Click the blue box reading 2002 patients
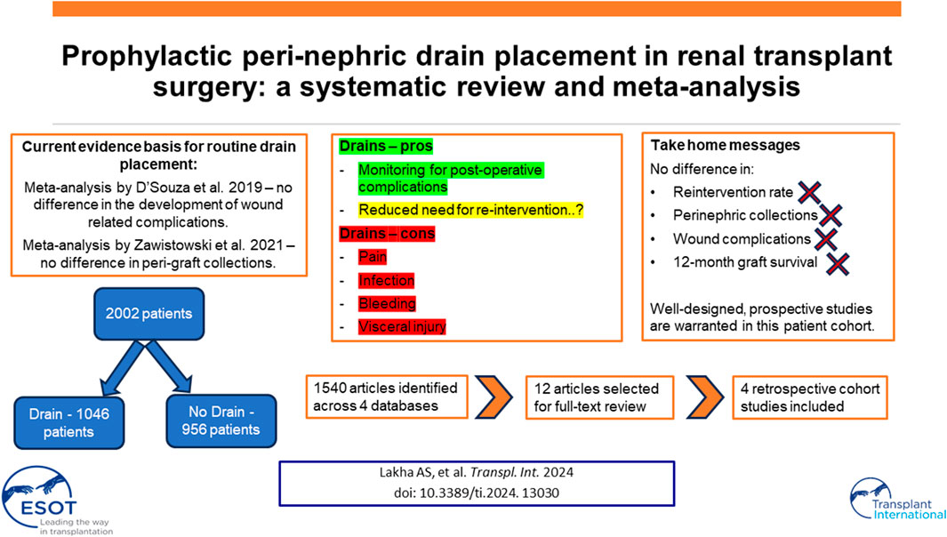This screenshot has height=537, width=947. pos(148,314)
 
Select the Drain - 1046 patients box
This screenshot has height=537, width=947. pos(68,423)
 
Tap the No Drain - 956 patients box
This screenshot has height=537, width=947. pos(221,421)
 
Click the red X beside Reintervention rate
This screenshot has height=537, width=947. pos(809,193)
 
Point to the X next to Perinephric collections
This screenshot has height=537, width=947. pos(831,215)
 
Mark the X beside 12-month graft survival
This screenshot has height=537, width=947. pos(838,263)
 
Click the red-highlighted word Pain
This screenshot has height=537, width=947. pos(372,257)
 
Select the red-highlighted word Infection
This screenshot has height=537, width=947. pos(387,280)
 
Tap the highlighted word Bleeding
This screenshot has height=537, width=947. pos(387,303)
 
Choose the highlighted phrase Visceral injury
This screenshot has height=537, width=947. pos(402,327)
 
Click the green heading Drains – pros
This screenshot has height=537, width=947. pos(386,146)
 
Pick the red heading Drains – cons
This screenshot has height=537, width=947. pos(387,234)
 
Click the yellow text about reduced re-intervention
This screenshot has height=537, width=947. pos(471,210)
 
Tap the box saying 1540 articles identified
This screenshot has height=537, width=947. pos(387,397)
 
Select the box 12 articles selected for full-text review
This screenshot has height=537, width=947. pos(599,397)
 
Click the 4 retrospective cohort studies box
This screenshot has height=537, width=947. pos(810,397)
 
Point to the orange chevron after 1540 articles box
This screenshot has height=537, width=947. pos(494,397)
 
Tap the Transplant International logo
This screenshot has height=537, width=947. pos(897,500)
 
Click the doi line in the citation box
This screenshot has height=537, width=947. pos(477,493)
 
